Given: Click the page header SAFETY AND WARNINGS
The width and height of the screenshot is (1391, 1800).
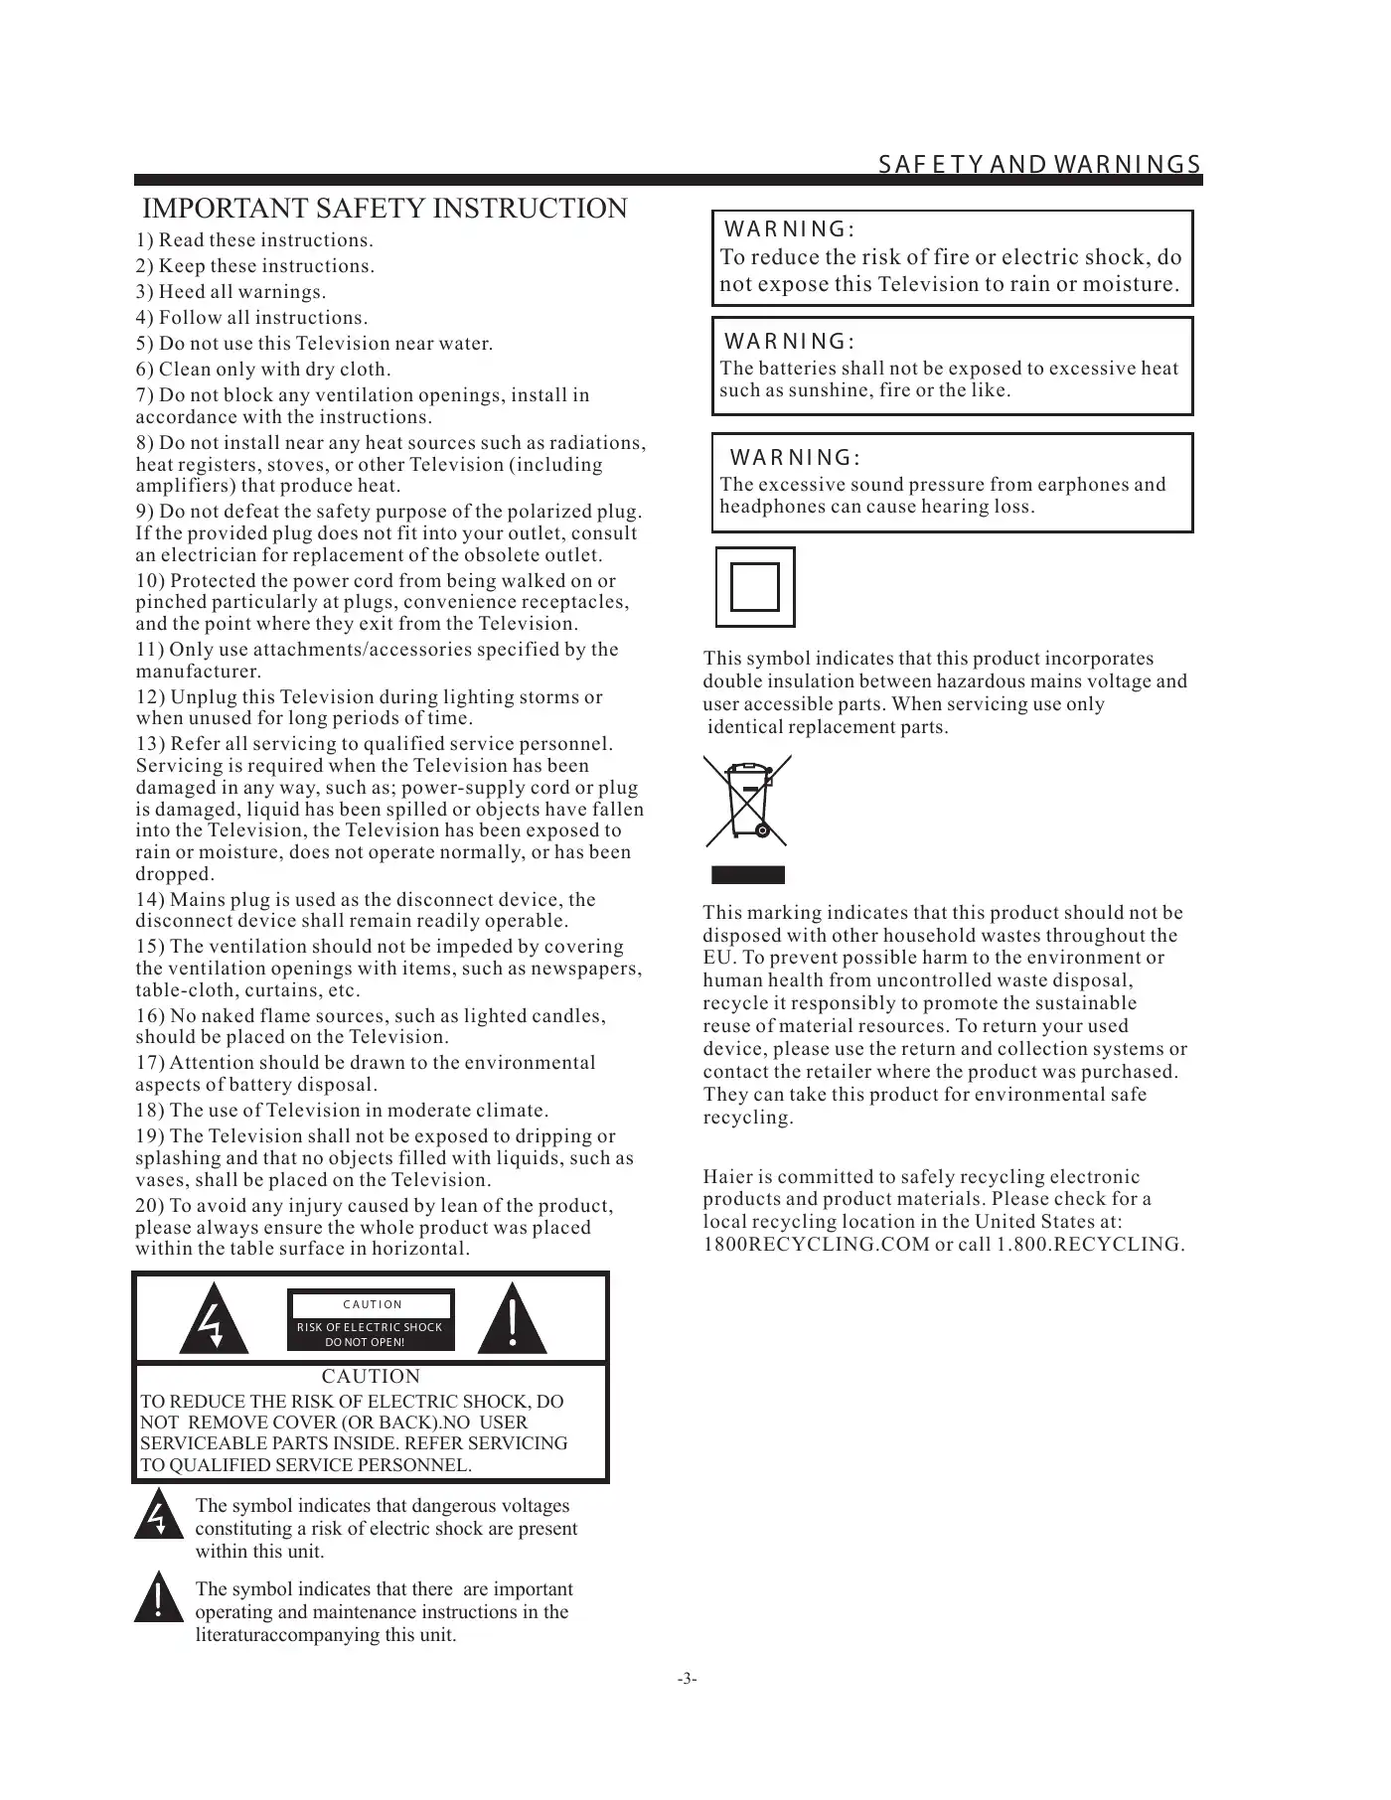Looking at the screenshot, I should [1039, 164].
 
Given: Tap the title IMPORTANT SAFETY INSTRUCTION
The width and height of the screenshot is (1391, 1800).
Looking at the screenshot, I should [386, 209].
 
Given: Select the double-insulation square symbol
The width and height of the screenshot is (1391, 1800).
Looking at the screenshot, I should [755, 587].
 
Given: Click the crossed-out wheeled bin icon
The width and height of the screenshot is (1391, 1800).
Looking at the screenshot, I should [747, 801].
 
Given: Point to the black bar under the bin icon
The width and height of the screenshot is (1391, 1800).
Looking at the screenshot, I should [747, 875].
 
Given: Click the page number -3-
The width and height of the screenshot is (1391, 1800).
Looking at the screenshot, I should [687, 1678].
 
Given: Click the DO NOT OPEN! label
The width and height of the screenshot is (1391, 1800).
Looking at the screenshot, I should [366, 1342].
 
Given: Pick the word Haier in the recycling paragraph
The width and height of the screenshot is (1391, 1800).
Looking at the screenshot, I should [728, 1177].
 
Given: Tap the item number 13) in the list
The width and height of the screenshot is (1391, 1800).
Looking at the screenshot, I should [150, 744].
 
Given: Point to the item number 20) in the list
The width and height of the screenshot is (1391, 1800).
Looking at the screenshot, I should [150, 1206].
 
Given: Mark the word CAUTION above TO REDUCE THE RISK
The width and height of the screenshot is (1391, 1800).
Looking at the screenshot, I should [371, 1377].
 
